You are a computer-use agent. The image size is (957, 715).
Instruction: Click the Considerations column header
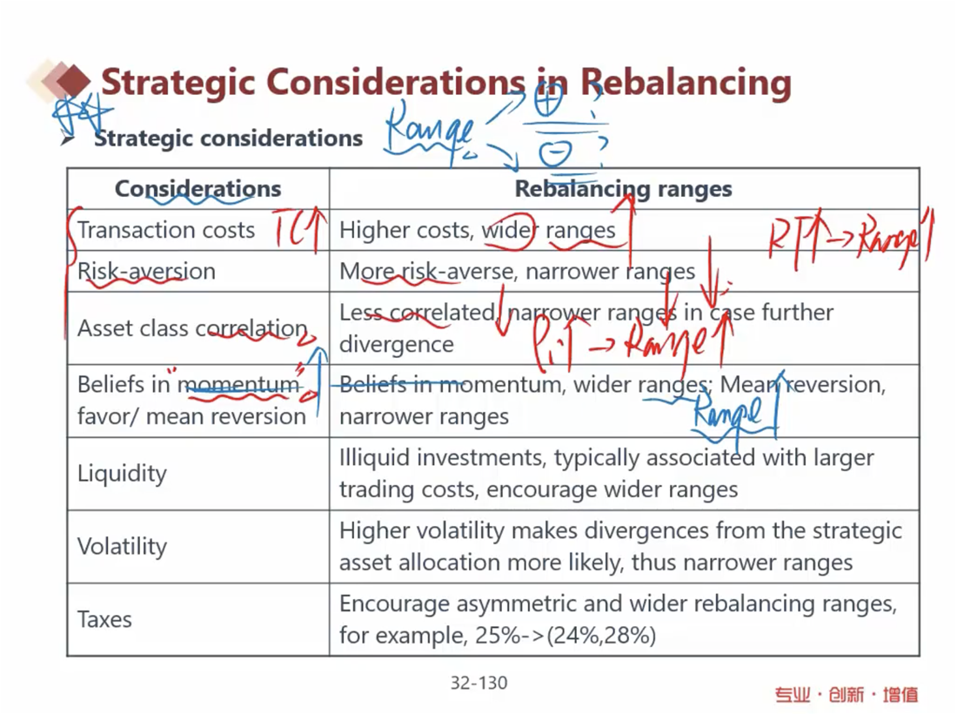(x=198, y=189)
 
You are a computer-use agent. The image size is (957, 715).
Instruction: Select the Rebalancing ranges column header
(x=623, y=189)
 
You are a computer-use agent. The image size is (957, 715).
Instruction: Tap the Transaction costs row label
(x=166, y=230)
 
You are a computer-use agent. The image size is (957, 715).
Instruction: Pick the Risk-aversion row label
(x=146, y=271)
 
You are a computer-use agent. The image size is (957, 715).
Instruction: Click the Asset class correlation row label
(x=192, y=328)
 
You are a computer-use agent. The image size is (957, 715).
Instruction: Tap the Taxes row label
(x=104, y=619)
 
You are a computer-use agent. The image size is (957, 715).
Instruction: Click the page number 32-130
(x=478, y=683)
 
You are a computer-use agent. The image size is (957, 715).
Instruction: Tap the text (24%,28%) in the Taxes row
(x=600, y=636)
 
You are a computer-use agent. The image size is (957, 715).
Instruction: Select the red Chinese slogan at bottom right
(x=847, y=694)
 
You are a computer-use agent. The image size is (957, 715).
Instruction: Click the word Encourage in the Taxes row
(x=392, y=604)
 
